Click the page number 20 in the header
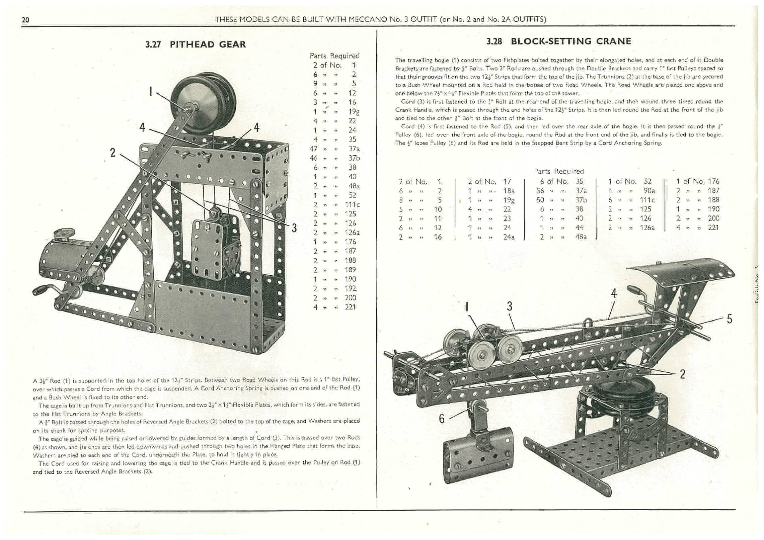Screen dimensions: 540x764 pyautogui.click(x=25, y=20)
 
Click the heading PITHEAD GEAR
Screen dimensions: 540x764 pyautogui.click(x=208, y=44)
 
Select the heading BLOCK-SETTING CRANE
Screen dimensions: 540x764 pyautogui.click(x=571, y=41)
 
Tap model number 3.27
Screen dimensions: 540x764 pyautogui.click(x=153, y=44)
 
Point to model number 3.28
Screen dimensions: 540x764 pyautogui.click(x=494, y=41)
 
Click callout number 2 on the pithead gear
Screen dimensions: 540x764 pyautogui.click(x=113, y=153)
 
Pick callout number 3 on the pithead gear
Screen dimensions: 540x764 pyautogui.click(x=294, y=228)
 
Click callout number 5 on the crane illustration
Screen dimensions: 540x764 pyautogui.click(x=730, y=319)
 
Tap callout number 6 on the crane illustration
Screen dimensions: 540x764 pyautogui.click(x=442, y=419)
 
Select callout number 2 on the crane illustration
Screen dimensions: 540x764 pyautogui.click(x=682, y=374)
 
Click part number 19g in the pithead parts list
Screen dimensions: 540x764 pyautogui.click(x=354, y=112)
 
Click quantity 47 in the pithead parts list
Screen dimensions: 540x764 pyautogui.click(x=314, y=149)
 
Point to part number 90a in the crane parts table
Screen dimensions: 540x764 pyautogui.click(x=649, y=191)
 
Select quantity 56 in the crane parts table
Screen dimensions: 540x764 pyautogui.click(x=540, y=191)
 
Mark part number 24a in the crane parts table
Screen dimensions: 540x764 pyautogui.click(x=509, y=237)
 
